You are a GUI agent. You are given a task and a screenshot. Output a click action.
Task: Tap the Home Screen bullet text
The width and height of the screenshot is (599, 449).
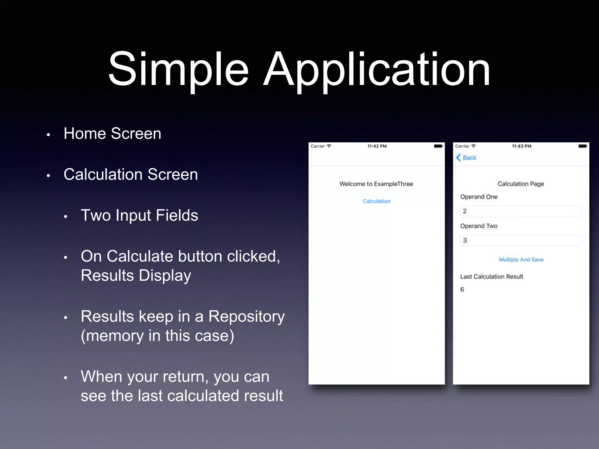click(112, 134)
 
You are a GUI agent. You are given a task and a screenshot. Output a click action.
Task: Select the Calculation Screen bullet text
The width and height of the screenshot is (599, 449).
click(131, 175)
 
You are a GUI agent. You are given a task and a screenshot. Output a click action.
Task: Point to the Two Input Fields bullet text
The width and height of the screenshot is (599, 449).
click(139, 215)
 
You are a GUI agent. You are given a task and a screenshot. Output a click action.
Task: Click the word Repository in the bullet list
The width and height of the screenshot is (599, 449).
click(246, 317)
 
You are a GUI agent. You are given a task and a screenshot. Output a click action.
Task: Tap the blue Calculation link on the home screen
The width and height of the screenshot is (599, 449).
click(376, 201)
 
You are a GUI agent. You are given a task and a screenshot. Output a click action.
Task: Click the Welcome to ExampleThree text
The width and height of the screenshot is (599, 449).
click(376, 184)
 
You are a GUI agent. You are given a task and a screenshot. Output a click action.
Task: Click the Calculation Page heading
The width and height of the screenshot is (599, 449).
click(521, 184)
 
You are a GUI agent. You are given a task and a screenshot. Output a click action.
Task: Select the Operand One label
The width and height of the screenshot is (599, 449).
click(479, 197)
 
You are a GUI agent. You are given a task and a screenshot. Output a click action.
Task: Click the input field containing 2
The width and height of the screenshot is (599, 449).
click(521, 211)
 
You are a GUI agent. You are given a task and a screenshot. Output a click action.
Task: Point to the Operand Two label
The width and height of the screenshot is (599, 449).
click(479, 226)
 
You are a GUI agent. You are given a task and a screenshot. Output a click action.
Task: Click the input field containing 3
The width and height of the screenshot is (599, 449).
click(521, 241)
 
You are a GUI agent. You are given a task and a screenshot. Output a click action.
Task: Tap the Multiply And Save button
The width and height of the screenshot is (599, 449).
click(521, 260)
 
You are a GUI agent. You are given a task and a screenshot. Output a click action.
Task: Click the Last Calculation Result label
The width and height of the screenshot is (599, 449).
click(492, 277)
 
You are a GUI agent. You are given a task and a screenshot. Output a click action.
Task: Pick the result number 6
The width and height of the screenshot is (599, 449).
click(462, 289)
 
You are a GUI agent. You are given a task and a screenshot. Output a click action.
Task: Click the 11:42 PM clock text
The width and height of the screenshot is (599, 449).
click(377, 146)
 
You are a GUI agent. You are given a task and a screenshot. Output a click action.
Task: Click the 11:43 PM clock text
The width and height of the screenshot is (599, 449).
click(521, 146)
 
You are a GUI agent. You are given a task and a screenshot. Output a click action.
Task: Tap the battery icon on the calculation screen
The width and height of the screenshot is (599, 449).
click(583, 146)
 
